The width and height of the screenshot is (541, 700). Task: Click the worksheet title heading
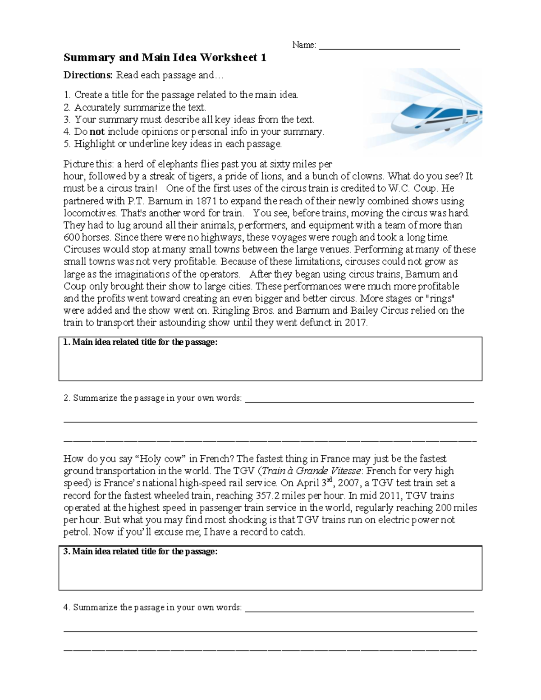pyautogui.click(x=165, y=58)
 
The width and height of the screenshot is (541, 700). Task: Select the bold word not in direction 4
pyautogui.click(x=97, y=132)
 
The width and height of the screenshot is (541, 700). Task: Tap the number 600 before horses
pyautogui.click(x=71, y=238)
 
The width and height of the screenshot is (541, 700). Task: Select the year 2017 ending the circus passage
pyautogui.click(x=356, y=323)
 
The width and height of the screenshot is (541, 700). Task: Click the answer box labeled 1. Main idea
pyautogui.click(x=270, y=363)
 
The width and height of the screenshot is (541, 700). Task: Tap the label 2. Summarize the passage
pyautogui.click(x=153, y=398)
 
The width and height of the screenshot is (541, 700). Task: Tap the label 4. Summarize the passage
pyautogui.click(x=153, y=608)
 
